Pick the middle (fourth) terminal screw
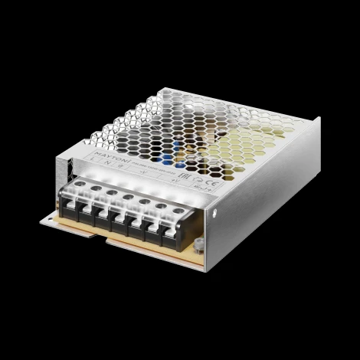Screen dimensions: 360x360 (x=128, y=195)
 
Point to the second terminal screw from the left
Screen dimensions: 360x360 (x=97, y=186)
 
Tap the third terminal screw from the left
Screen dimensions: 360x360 (x=112, y=191)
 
